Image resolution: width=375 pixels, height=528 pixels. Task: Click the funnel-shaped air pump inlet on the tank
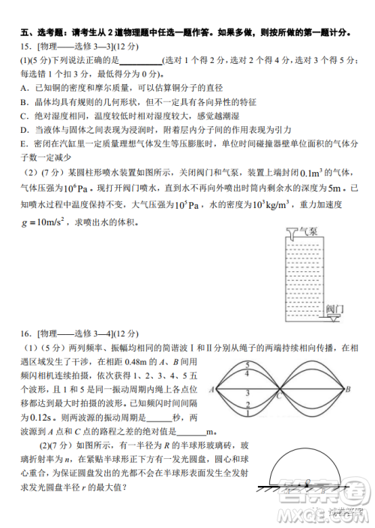pyautogui.click(x=291, y=234)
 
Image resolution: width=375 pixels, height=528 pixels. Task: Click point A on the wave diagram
pyautogui.click(x=214, y=389)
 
